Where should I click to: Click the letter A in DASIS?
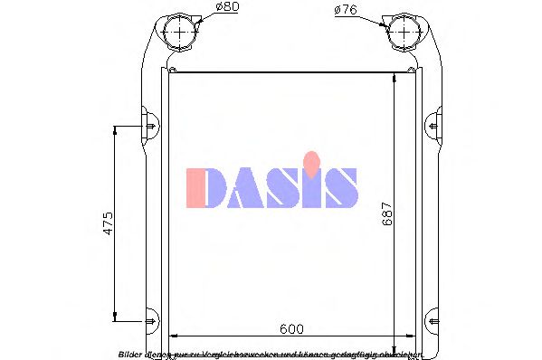pyautogui.click(x=243, y=187)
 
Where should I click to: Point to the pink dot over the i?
pyautogui.click(x=311, y=160)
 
